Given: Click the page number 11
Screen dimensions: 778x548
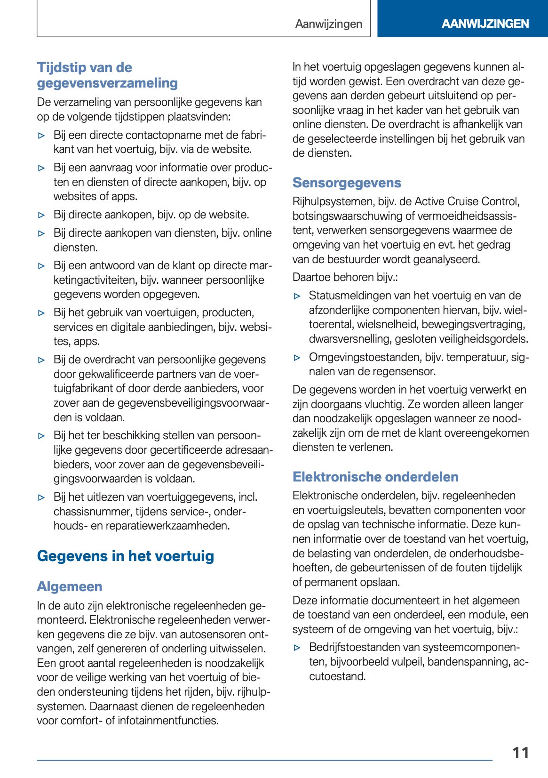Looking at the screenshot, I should [x=521, y=753].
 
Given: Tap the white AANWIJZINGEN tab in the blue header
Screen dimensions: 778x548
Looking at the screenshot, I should [x=485, y=24].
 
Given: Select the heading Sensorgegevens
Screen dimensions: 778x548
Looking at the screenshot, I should [x=347, y=183].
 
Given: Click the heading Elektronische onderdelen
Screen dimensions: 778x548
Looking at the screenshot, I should [x=375, y=477].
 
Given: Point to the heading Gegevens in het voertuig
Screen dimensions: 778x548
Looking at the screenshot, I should [x=126, y=556].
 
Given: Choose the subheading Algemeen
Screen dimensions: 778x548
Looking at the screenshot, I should [x=70, y=586].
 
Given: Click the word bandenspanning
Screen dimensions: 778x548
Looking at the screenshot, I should [x=463, y=662].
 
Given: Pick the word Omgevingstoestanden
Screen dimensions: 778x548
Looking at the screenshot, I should [x=365, y=357].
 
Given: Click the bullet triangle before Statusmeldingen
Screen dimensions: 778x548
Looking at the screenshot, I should [x=297, y=296].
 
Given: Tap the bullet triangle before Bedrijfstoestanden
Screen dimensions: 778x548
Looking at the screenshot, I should [x=297, y=648].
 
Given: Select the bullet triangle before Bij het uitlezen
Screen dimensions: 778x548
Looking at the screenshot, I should [x=41, y=497].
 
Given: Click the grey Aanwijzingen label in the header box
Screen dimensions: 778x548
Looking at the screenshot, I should [x=329, y=24].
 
